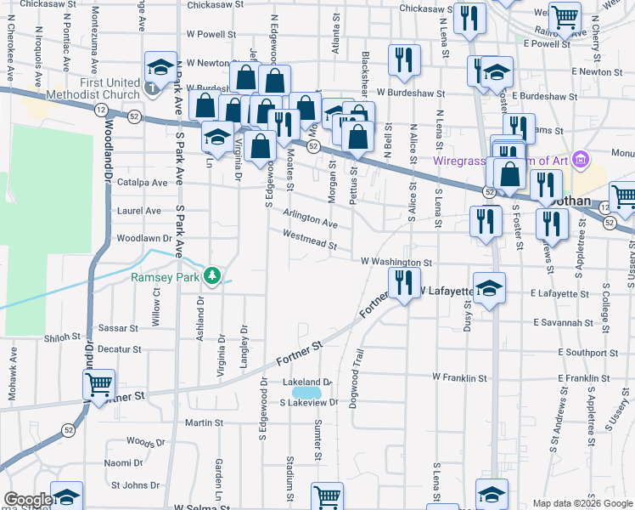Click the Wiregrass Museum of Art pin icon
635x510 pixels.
581,159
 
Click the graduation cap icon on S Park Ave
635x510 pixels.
159,67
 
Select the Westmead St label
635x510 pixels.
309,240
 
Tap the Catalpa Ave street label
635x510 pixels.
143,183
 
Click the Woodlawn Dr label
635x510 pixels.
143,239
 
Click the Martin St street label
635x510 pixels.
198,422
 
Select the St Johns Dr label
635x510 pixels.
136,485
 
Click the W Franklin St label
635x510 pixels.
459,377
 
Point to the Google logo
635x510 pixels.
28,500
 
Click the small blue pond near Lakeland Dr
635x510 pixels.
306,394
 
